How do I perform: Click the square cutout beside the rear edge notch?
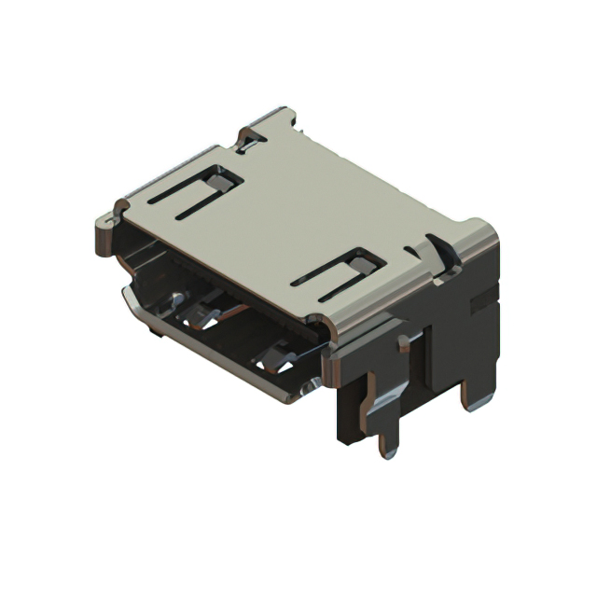pyautogui.click(x=224, y=174)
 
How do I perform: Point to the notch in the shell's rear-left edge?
pyautogui.click(x=250, y=140)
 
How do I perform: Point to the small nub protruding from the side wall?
pyautogui.click(x=403, y=345)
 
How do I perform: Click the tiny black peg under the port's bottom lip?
pyautogui.click(x=151, y=329)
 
